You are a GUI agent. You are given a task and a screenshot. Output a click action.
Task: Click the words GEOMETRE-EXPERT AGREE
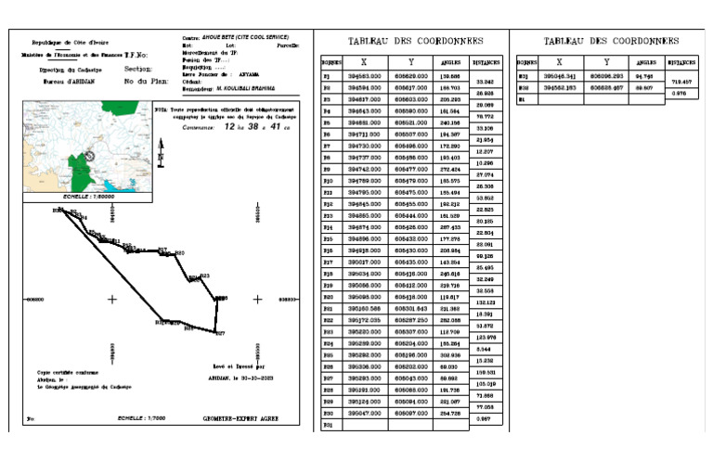pyautogui.click(x=241, y=418)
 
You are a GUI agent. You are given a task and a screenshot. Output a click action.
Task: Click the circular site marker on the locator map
pyautogui.click(x=90, y=155)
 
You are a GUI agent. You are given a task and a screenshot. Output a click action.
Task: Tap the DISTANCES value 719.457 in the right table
pyautogui.click(x=683, y=81)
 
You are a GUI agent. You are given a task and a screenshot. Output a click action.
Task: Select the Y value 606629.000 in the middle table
pyautogui.click(x=410, y=76)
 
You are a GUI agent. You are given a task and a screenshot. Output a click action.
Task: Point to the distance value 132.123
pyautogui.click(x=484, y=302)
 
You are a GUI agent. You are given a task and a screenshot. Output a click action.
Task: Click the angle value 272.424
pyautogui.click(x=450, y=171)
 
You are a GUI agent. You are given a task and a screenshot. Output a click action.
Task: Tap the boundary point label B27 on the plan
pyautogui.click(x=220, y=332)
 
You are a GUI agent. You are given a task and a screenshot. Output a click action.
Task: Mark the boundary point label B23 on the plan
pyautogui.click(x=205, y=276)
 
